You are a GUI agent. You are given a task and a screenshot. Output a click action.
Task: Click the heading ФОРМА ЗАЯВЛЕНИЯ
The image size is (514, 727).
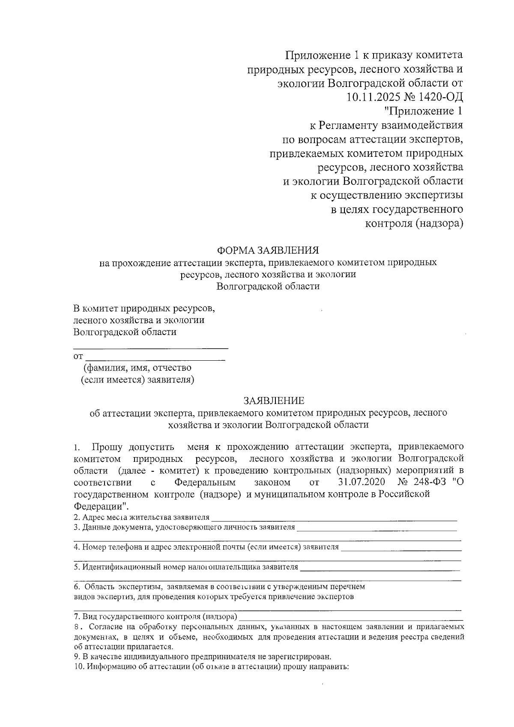[x=268, y=250]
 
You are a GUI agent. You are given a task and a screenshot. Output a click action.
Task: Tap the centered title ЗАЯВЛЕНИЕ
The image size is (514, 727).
[x=274, y=401]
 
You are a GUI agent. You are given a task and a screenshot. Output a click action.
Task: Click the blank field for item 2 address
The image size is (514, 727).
[x=334, y=518]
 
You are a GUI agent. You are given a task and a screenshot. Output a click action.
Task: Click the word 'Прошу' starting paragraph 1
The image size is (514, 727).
[x=107, y=447]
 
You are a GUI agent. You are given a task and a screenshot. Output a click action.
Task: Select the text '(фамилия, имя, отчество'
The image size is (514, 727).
[x=137, y=368]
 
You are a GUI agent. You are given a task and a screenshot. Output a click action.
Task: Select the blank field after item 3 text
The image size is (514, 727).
[x=377, y=529]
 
